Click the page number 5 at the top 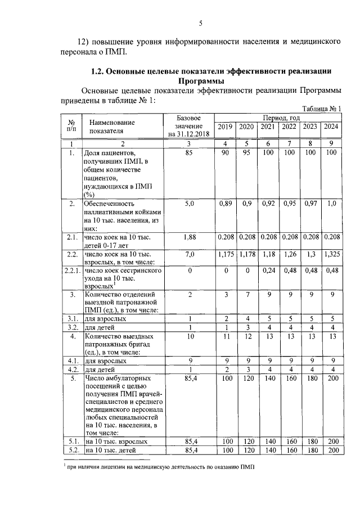click(x=200, y=23)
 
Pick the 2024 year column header click(x=331, y=127)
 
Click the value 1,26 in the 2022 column click(x=289, y=255)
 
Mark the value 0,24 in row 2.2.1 click(x=268, y=271)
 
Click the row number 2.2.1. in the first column click(x=71, y=271)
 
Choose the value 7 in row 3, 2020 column click(x=246, y=294)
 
